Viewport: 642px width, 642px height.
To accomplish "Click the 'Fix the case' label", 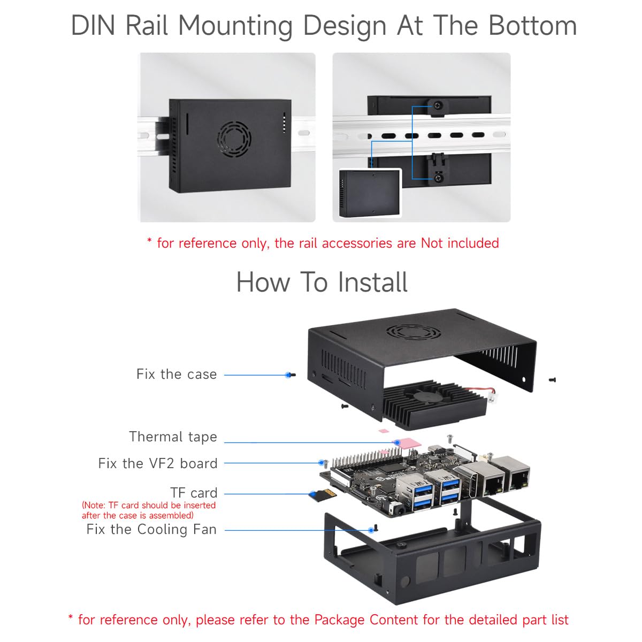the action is coord(177,374).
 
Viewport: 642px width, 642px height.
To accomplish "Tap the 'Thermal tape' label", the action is coord(173,437).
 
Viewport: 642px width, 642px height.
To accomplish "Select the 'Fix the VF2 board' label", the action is coord(158,463).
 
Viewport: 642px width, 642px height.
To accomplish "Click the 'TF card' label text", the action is coord(194,493).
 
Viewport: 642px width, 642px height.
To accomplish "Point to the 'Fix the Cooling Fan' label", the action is coord(151,530).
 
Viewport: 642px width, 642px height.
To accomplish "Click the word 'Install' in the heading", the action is coord(372,282).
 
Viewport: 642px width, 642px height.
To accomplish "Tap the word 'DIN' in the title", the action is coord(93,26).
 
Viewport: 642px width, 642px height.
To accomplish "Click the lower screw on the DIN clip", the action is coord(439,178).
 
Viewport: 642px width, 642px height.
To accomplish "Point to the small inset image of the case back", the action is coord(370,193).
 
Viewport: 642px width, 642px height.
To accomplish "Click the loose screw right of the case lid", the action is coord(552,379).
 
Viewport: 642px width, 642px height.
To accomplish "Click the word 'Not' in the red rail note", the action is coord(432,243).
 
